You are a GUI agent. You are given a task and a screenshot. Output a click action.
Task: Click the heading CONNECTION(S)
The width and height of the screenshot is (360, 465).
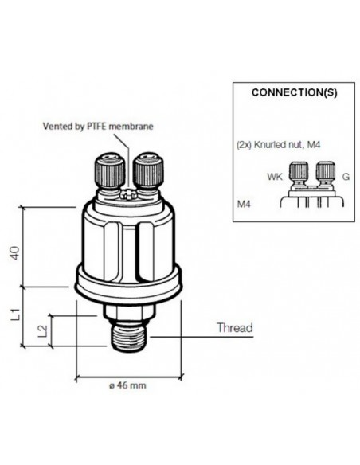click(x=294, y=92)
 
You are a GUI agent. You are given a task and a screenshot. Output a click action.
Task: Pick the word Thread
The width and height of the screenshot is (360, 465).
click(x=235, y=328)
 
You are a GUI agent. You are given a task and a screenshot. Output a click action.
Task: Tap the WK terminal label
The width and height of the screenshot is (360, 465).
click(x=274, y=177)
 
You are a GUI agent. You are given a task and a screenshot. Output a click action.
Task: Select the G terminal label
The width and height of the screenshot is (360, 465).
click(x=345, y=177)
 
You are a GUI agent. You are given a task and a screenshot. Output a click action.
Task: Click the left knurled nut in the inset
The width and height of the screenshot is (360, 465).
click(x=299, y=172)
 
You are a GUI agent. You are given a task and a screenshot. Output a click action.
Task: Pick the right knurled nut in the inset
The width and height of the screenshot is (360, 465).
click(x=325, y=172)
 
